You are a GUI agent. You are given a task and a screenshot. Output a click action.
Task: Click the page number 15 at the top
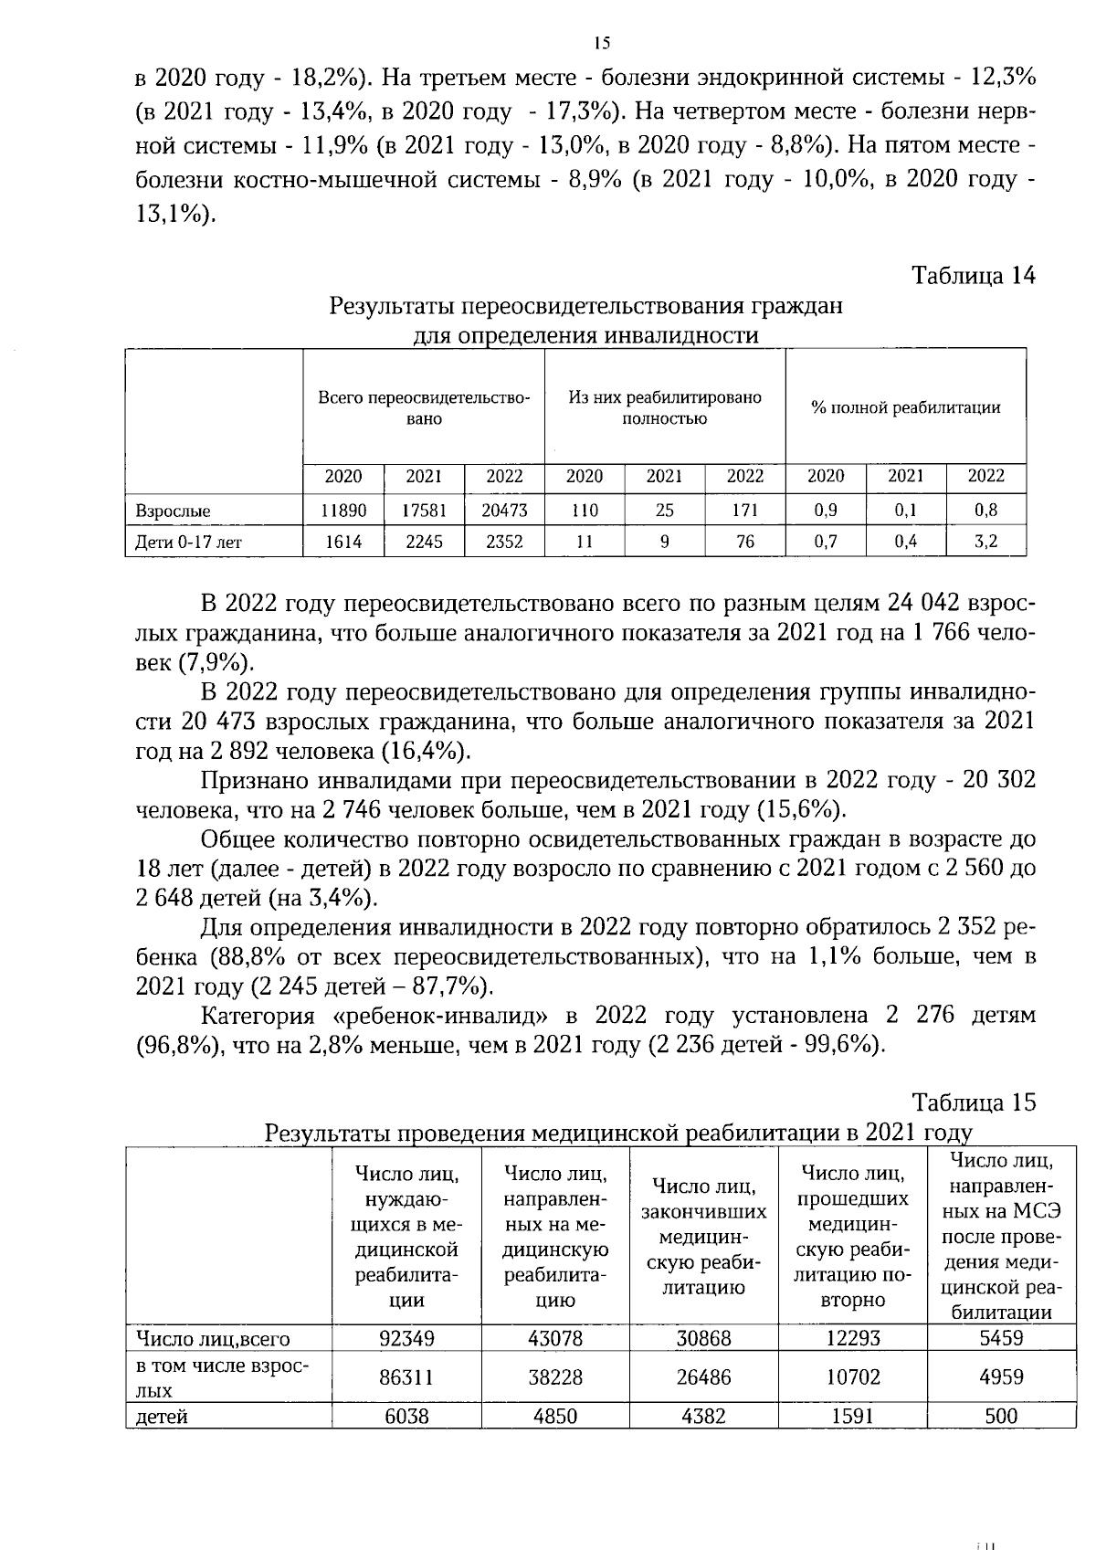[x=601, y=43]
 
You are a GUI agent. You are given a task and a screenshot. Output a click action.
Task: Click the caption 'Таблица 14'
[x=974, y=276]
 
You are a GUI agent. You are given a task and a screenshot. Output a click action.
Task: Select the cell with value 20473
[x=504, y=511]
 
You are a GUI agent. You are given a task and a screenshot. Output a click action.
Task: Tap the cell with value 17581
[x=424, y=511]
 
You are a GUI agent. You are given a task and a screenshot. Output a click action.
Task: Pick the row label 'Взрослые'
[x=173, y=511]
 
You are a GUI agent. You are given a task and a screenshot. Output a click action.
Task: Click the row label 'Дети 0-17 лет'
[x=188, y=543]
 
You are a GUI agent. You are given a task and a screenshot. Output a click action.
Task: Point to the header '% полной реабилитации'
[x=905, y=408]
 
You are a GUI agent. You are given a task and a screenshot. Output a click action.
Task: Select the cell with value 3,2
[x=985, y=542]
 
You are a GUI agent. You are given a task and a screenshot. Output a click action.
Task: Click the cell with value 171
[x=745, y=511]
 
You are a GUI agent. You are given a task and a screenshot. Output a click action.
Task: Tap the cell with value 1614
[x=343, y=542]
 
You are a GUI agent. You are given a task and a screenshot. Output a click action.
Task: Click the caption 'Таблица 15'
[x=974, y=1102]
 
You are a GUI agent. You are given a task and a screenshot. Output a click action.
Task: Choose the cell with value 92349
[x=406, y=1338]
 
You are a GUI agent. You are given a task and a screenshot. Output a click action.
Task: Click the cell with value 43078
[x=555, y=1338]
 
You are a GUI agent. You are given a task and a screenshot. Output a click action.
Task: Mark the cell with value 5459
[x=1001, y=1338]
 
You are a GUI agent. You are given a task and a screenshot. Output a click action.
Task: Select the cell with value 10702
[x=853, y=1376]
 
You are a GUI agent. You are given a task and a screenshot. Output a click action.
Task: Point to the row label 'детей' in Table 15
[x=162, y=1418]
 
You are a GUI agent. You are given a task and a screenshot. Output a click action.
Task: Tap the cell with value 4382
[x=703, y=1417]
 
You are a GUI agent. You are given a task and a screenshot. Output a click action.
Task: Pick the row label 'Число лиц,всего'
[x=213, y=1339]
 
